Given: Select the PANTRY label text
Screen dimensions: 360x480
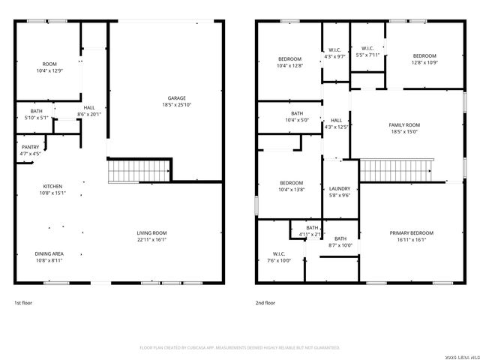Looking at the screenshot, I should click(x=30, y=147).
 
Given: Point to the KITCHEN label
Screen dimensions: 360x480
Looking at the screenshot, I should click(x=52, y=186).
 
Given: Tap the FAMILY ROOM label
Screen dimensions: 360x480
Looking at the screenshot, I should click(x=404, y=124).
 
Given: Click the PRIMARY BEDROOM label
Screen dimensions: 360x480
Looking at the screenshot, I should click(x=412, y=233).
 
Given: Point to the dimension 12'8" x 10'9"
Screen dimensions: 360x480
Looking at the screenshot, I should click(x=424, y=63).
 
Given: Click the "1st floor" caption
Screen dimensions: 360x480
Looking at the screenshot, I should click(x=23, y=303).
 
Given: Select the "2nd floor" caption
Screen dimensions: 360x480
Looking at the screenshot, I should click(x=265, y=303).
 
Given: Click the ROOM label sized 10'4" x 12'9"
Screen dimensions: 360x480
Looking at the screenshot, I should click(x=49, y=64).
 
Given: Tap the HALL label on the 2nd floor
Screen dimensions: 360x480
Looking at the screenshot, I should click(x=336, y=120).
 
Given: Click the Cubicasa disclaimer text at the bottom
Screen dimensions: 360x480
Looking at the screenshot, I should click(x=240, y=348).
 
